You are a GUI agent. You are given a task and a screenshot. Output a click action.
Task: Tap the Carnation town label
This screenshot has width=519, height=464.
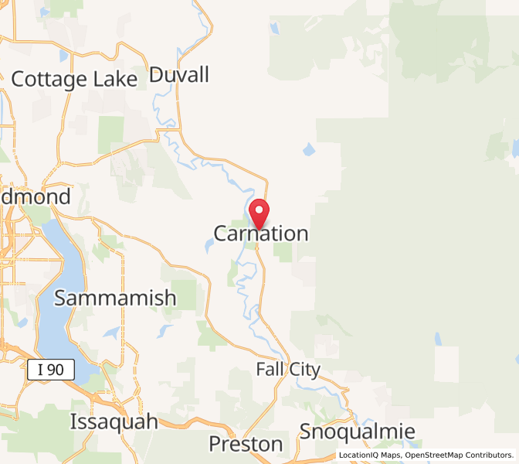(x=261, y=234)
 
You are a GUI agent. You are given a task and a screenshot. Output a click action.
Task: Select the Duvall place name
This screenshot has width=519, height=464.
(x=179, y=75)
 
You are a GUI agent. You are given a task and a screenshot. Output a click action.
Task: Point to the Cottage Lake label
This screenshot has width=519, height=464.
(x=74, y=78)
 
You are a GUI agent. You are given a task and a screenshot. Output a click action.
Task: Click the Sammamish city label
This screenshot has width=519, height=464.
(x=116, y=297)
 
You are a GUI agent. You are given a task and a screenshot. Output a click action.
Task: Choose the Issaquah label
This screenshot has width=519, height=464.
(x=114, y=422)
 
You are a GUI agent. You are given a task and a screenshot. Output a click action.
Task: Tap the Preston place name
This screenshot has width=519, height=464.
(x=246, y=444)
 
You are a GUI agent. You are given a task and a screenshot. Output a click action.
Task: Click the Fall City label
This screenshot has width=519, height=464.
(x=287, y=370)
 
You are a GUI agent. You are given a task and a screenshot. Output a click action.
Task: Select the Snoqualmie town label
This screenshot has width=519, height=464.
(x=358, y=432)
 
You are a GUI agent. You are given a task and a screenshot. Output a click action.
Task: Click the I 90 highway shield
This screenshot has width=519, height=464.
(x=51, y=370)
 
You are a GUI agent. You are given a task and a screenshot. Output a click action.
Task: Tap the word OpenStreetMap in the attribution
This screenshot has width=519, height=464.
(x=436, y=455)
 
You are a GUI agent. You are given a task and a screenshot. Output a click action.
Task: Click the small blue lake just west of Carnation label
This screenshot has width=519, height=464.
(x=209, y=247)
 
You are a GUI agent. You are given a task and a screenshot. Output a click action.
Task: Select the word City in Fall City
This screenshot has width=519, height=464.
(x=304, y=370)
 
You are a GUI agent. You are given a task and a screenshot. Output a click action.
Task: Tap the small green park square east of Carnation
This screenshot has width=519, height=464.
(x=283, y=252)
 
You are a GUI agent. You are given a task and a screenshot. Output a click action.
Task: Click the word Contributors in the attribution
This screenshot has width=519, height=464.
(x=490, y=455)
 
